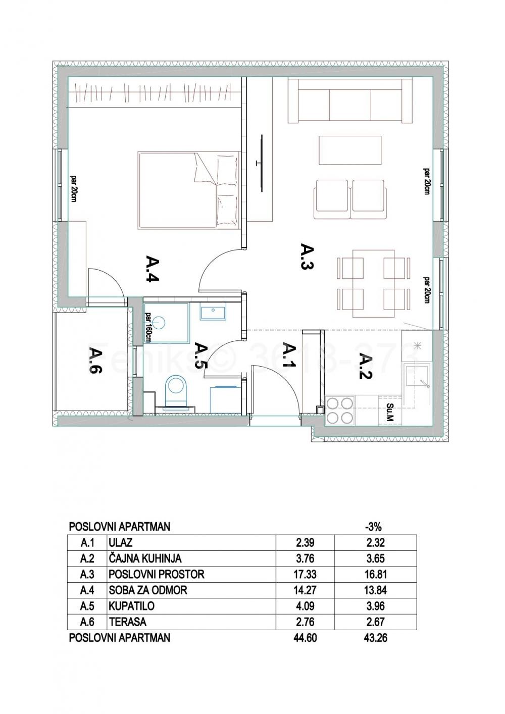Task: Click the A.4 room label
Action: [x=153, y=269]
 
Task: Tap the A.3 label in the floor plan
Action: [x=308, y=257]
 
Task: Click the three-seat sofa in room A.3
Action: [x=350, y=100]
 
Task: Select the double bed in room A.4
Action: [x=189, y=190]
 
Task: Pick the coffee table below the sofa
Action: [x=350, y=150]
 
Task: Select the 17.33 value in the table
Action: [x=306, y=574]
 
